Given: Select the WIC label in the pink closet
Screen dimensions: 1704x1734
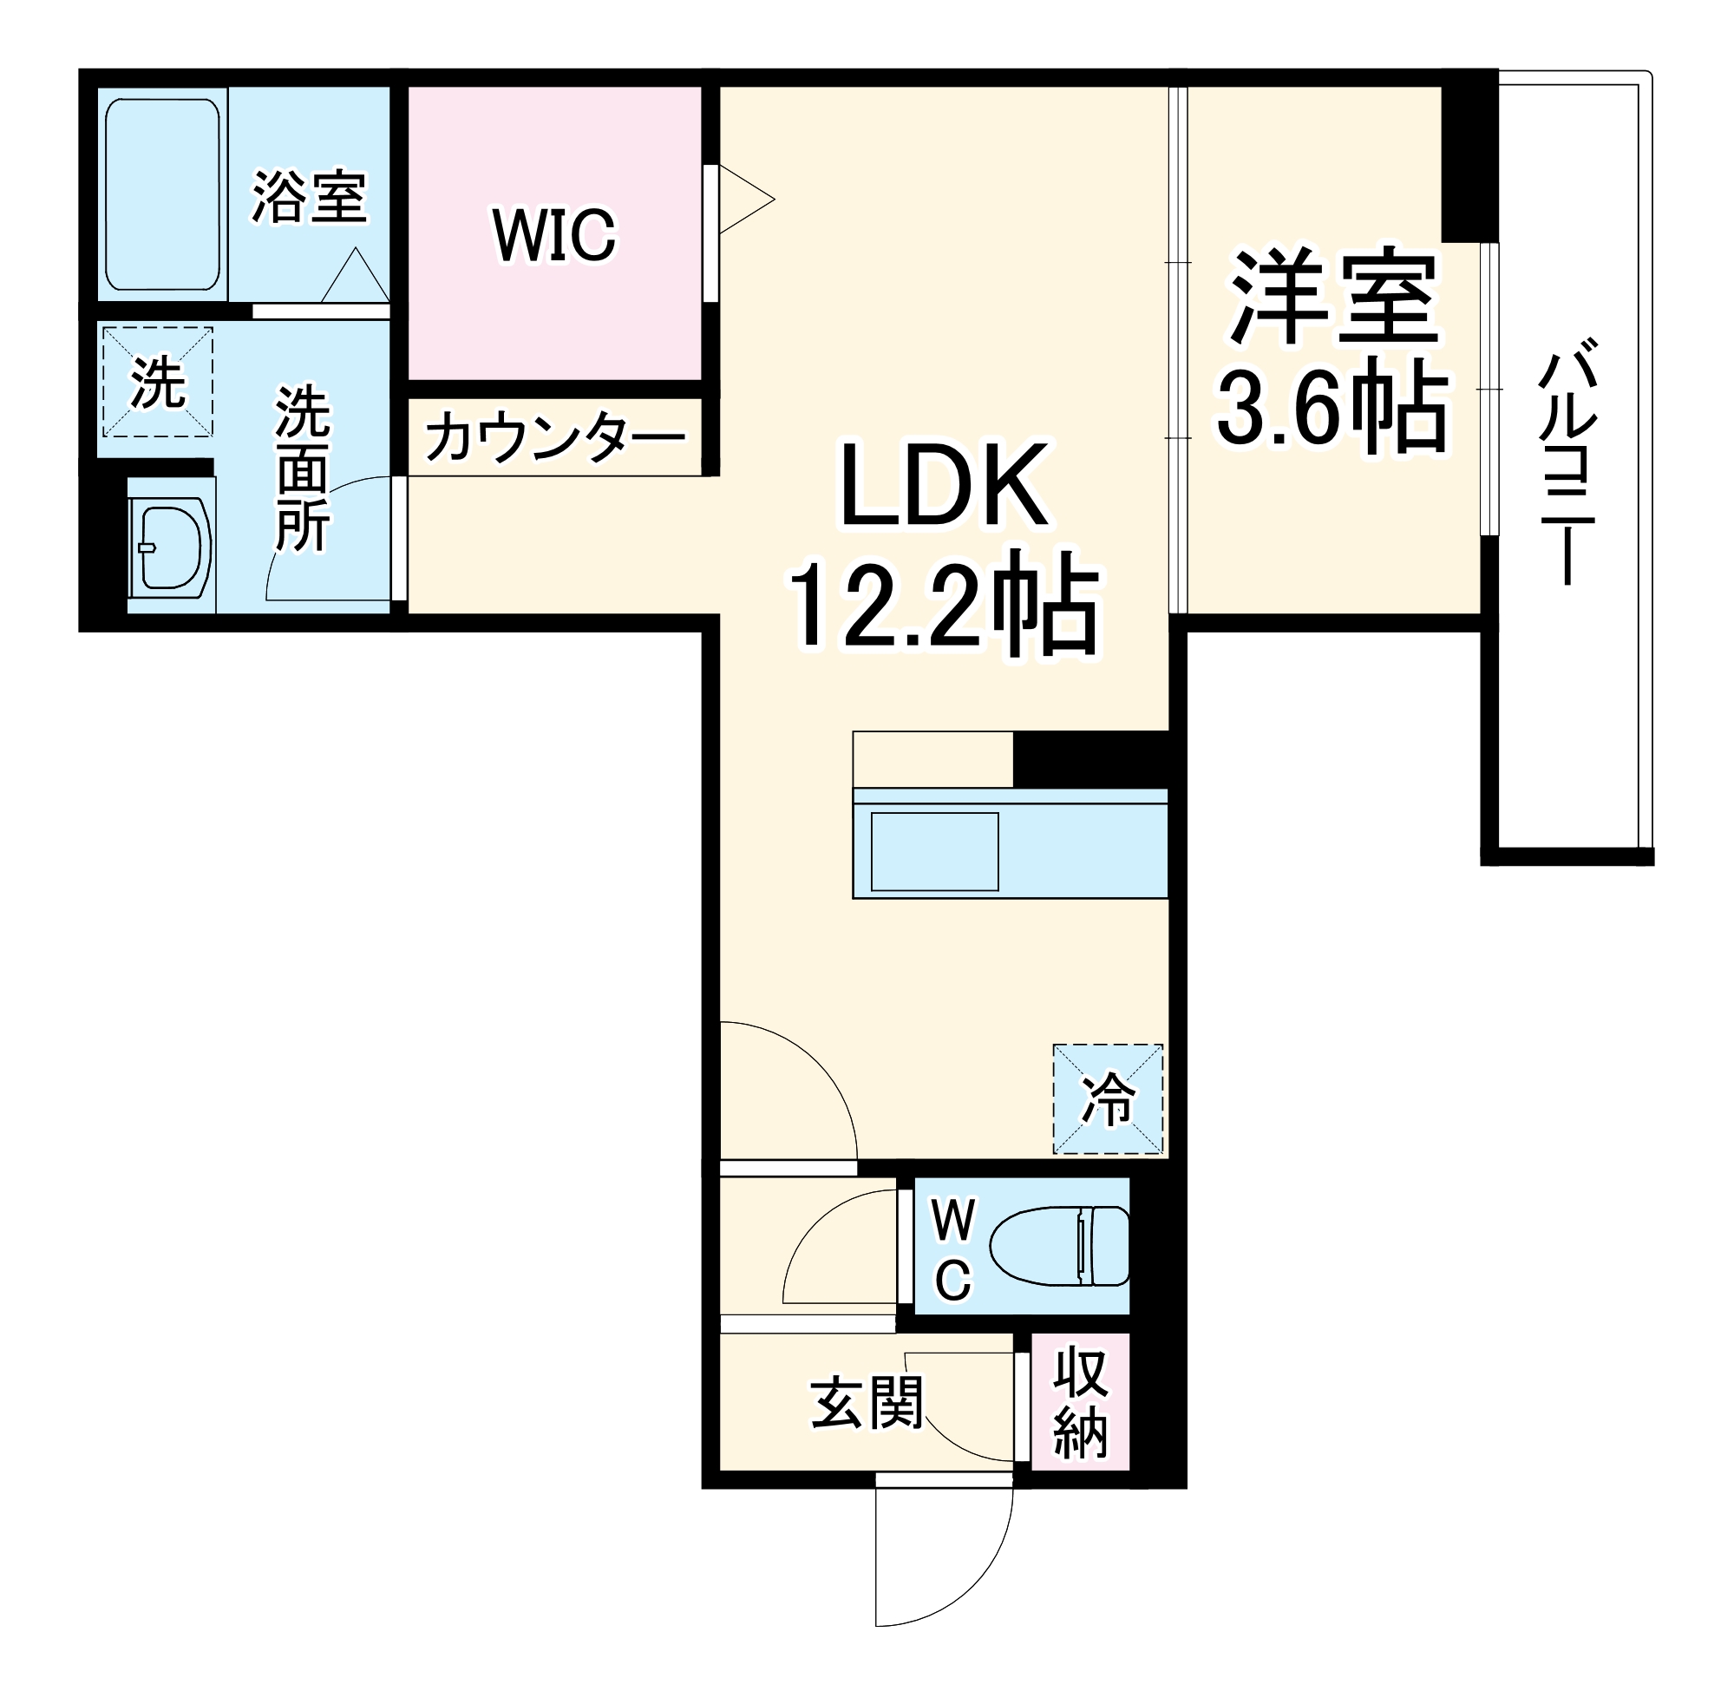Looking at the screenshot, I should tap(553, 235).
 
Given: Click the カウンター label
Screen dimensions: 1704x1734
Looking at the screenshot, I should tap(553, 437).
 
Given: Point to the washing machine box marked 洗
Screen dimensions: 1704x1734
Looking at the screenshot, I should tap(158, 382).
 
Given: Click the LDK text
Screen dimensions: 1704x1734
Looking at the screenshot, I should tap(945, 486).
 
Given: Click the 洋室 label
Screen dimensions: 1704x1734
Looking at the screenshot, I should tap(1333, 297).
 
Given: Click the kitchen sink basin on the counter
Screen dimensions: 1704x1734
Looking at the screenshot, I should tap(934, 851).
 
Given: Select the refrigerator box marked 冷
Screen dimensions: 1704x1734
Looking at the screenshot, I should tap(1108, 1099).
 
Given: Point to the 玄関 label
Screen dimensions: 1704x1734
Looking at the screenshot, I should tap(865, 1402).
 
